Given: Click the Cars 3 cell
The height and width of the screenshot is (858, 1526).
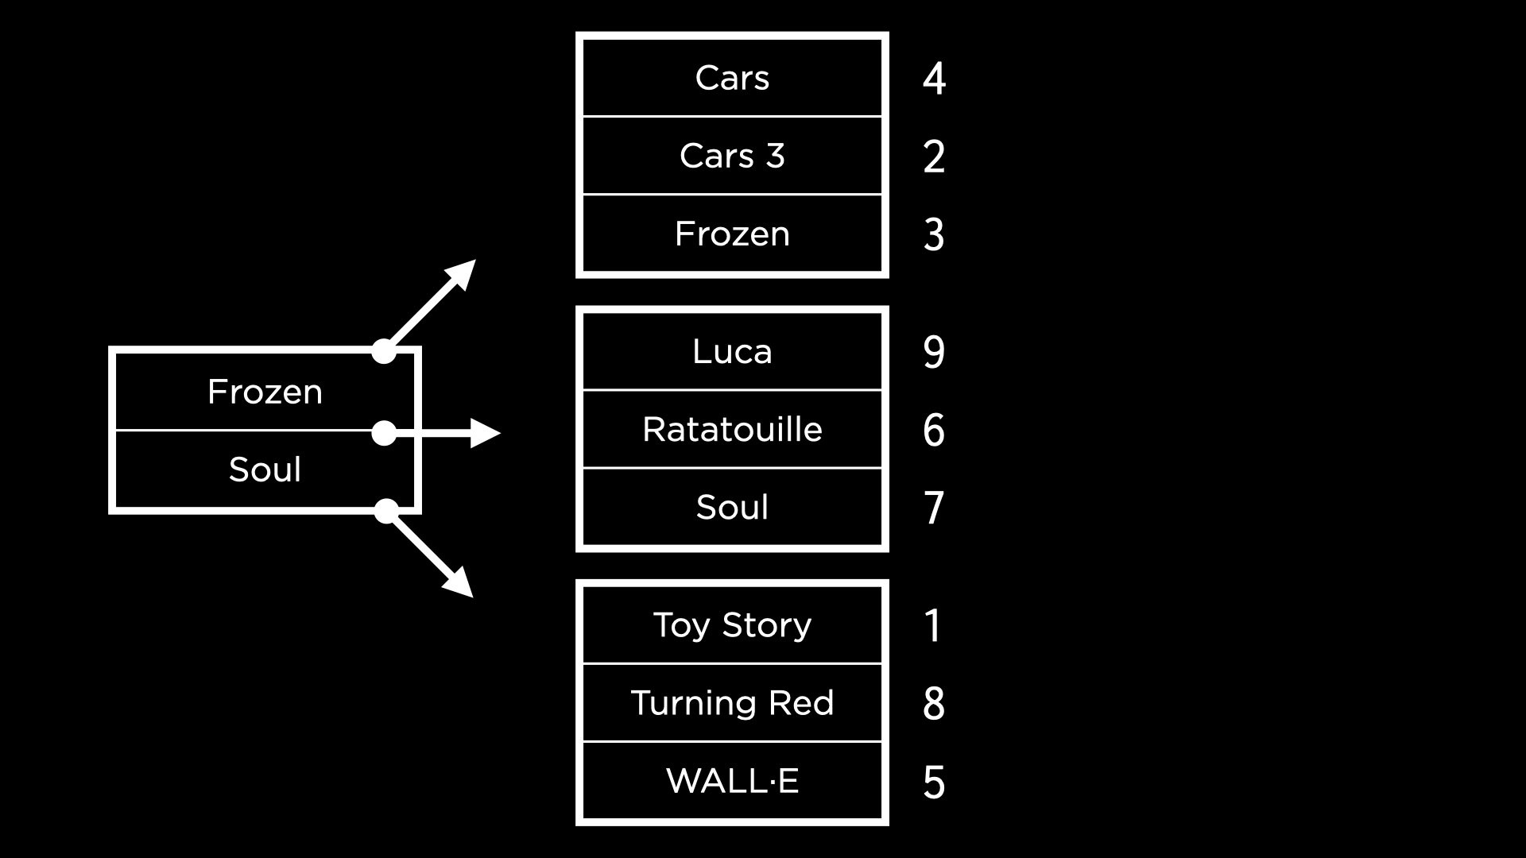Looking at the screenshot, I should coord(732,156).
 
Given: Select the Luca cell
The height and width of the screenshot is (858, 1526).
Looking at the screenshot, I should coord(732,351).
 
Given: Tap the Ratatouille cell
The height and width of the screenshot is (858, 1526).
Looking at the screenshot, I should coord(732,429).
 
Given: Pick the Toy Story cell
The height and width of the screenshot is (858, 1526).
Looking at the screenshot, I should coord(732,624).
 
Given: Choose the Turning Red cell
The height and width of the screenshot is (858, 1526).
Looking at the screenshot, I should coord(732,702).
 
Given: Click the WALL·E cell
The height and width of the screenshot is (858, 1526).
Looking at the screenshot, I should coord(732,780).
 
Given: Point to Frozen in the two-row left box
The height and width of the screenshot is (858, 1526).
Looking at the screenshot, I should coord(265,392).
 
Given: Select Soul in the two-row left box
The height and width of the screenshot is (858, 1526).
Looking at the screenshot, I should coord(265,470).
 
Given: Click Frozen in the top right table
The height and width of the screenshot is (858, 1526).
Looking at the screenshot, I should coord(732,234).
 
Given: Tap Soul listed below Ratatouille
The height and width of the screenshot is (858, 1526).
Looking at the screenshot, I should coord(732,507).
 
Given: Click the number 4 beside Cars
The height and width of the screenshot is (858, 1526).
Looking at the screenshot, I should coord(934,78).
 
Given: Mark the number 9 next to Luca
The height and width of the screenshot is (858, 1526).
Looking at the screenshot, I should coord(934,351).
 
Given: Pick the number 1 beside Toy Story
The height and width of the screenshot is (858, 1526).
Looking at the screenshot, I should coord(933,625).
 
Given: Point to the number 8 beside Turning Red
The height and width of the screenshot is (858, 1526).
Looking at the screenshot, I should coord(934,703).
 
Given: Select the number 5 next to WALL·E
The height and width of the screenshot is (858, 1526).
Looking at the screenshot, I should coord(934,782).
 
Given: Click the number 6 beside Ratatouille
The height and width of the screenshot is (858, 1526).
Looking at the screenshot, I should coord(934,430).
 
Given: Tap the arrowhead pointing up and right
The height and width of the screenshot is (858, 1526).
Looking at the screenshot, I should coord(463,272).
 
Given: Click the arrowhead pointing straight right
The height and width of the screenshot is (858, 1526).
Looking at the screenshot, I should coord(485,433).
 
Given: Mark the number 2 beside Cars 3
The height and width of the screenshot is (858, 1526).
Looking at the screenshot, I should coord(934,156).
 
